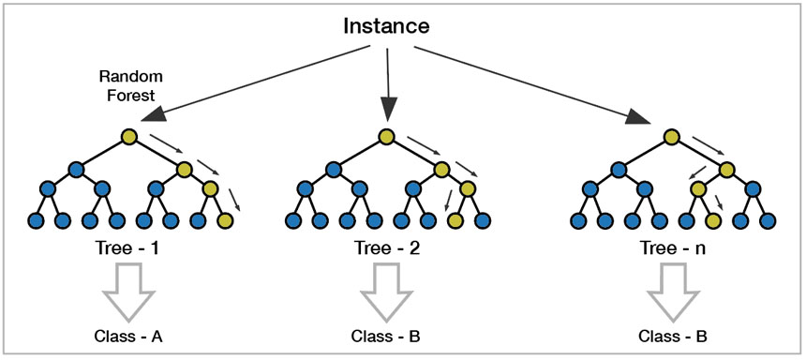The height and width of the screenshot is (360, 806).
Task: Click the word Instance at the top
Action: pyautogui.click(x=385, y=25)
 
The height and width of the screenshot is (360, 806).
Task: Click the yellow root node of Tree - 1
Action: pyautogui.click(x=129, y=138)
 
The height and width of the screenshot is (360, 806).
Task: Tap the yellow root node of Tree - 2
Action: pyautogui.click(x=387, y=138)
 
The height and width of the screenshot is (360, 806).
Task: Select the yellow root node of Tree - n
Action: pyautogui.click(x=672, y=138)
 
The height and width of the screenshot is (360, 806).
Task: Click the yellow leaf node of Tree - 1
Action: pyautogui.click(x=224, y=221)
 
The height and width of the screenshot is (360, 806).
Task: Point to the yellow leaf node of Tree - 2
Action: pyautogui.click(x=455, y=221)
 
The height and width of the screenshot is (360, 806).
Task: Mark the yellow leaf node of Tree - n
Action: pyautogui.click(x=713, y=221)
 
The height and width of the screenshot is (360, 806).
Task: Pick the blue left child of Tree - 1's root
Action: pyautogui.click(x=76, y=170)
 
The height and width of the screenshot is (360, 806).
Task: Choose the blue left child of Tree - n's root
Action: pyautogui.click(x=618, y=170)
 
